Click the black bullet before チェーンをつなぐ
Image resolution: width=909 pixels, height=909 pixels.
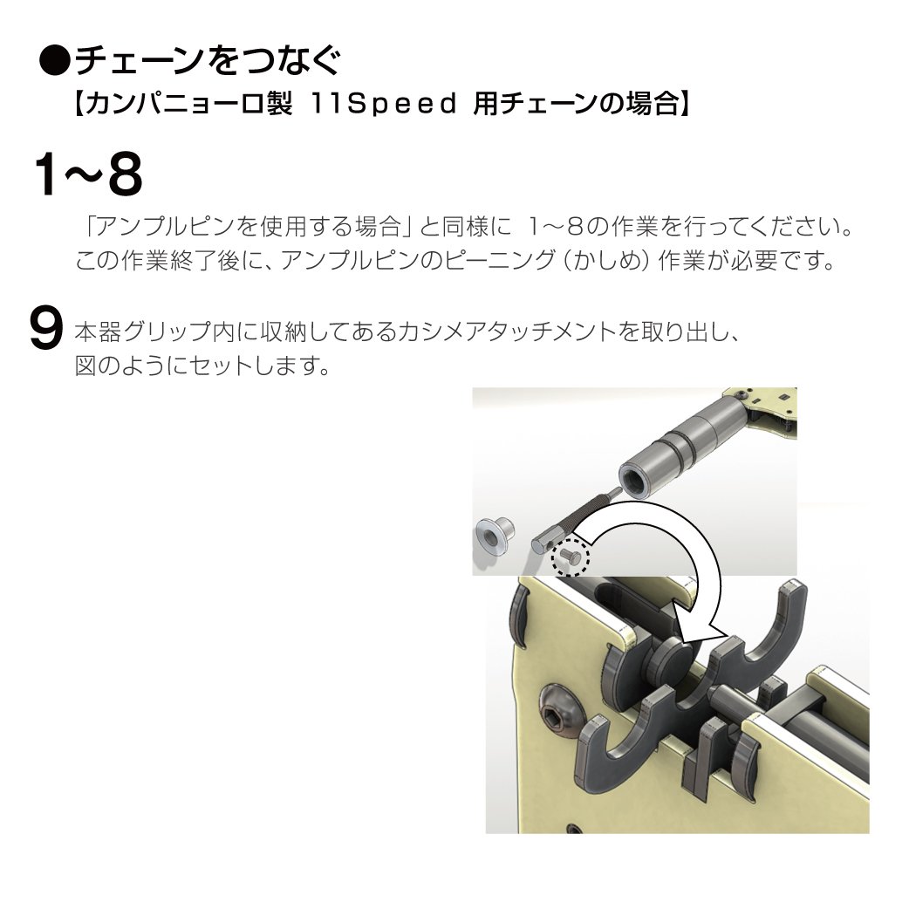[55, 60]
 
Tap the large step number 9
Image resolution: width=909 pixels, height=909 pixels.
[45, 329]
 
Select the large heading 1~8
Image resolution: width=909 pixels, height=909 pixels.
[88, 175]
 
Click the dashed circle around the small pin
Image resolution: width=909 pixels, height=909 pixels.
[571, 557]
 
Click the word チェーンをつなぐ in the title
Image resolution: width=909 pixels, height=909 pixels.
[207, 60]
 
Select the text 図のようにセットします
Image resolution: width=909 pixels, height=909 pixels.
[202, 366]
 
